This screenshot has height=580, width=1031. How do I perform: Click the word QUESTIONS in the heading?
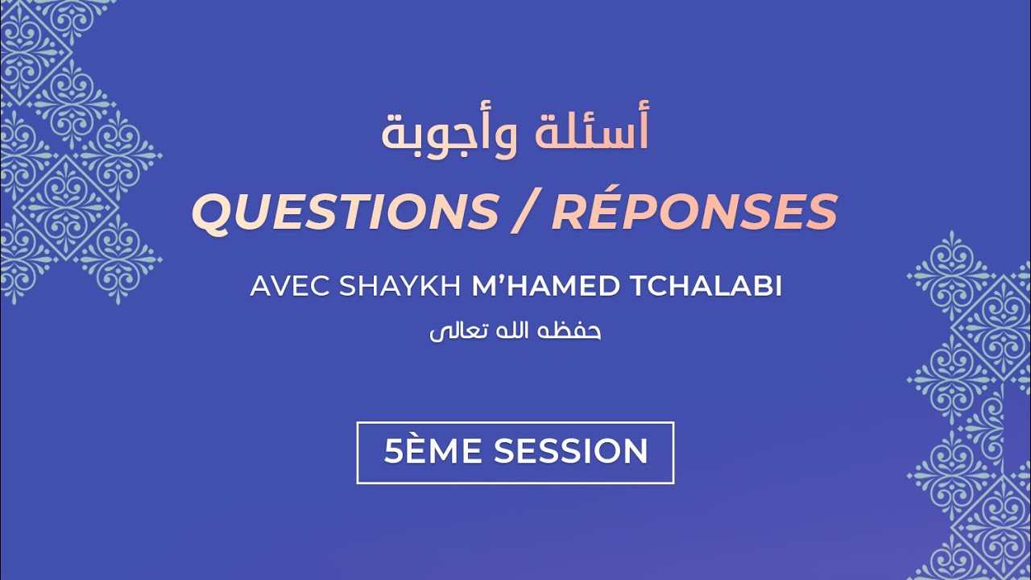click(346, 212)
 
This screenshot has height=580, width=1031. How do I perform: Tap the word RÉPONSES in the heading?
click(694, 212)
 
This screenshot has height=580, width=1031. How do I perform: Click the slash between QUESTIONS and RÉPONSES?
click(525, 212)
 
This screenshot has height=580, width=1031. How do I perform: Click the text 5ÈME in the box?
click(434, 452)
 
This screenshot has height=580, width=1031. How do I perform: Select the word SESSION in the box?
click(570, 452)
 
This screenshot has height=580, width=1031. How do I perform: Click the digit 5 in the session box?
click(392, 452)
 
